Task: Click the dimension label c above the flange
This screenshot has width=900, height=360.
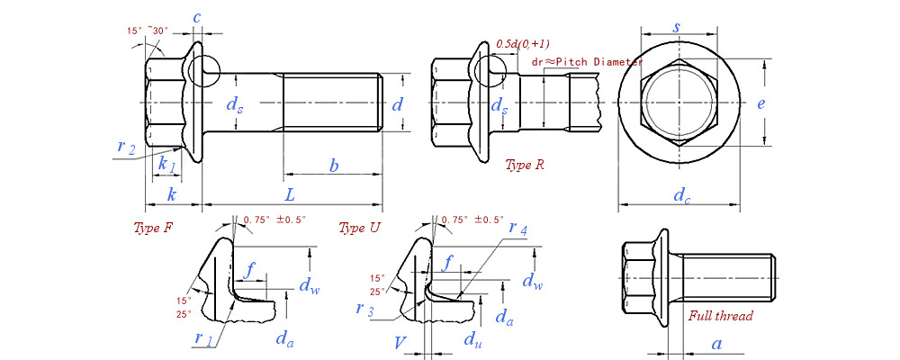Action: pos(196,17)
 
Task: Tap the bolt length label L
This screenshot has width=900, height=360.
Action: pos(290,194)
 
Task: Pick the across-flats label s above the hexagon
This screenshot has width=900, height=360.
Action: pos(677,27)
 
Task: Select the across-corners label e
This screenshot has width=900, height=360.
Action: pos(760,103)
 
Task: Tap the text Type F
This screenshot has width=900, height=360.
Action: pos(153,227)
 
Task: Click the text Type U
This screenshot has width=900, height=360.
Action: pos(359,227)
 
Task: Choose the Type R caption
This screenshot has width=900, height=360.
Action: pos(525,165)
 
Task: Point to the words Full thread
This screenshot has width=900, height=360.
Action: pos(720,316)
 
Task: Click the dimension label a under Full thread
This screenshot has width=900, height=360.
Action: pos(716,343)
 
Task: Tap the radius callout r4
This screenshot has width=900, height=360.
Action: pos(517,229)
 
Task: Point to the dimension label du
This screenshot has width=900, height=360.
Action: pos(471,339)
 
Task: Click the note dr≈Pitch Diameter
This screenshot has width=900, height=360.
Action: pos(588,61)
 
